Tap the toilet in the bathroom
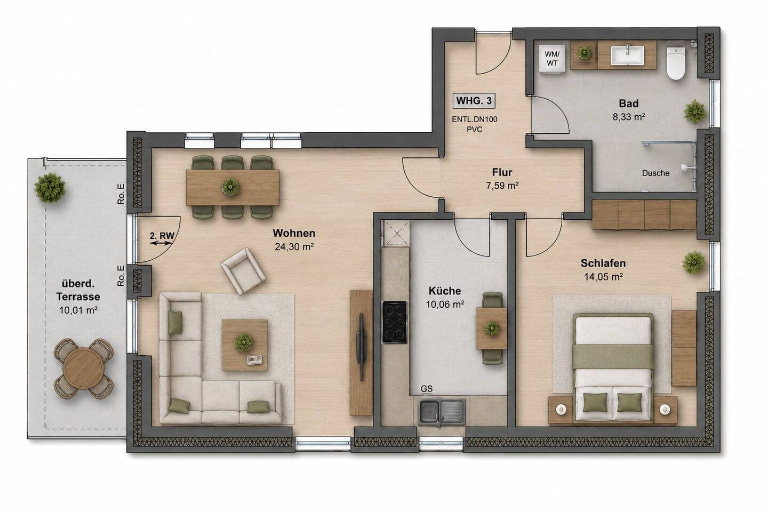coord(675,63)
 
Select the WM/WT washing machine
coord(552,59)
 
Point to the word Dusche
coord(655,173)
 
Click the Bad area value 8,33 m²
coord(629,117)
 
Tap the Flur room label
coord(502,172)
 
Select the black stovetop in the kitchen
coord(395,322)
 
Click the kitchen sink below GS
coord(442,412)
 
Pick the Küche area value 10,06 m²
coord(445,304)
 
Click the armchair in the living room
coord(243,271)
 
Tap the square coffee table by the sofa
coord(244,345)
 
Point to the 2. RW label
coord(162,236)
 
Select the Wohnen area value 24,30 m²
coord(294,246)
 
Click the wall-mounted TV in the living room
coord(361,346)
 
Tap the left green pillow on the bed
coord(595,402)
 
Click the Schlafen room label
coord(603,263)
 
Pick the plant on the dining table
coord(230,187)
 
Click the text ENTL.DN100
coord(475,119)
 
